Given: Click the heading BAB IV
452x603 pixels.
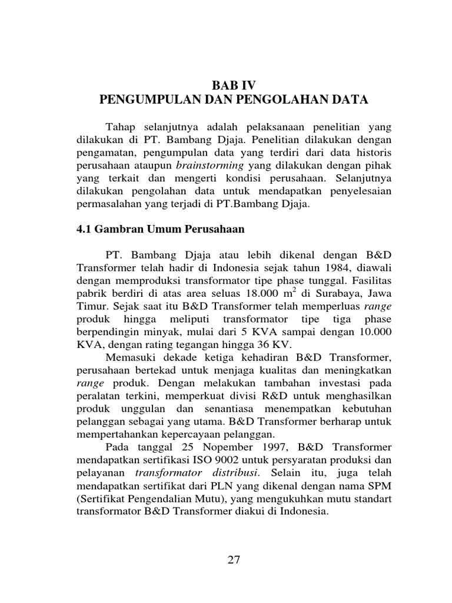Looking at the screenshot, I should click(x=234, y=85).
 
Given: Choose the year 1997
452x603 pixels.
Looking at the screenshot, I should click(x=260, y=446).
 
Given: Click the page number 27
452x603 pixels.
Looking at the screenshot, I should click(x=234, y=560).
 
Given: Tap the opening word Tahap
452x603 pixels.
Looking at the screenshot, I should click(x=119, y=128).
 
